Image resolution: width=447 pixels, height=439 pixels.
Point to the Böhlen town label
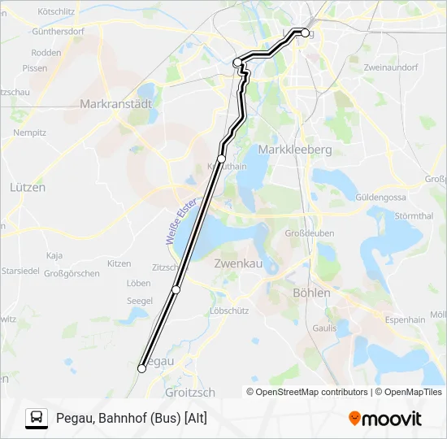pyautogui.click(x=311, y=293)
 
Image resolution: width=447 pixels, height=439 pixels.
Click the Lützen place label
pyautogui.click(x=28, y=187)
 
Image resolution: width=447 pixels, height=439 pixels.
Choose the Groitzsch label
pyautogui.click(x=190, y=392)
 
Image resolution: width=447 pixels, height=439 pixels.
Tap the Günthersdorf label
pyautogui.click(x=59, y=32)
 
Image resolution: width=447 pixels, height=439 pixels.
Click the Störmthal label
pyautogui.click(x=414, y=216)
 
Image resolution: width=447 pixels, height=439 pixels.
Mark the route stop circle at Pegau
pyautogui.click(x=141, y=368)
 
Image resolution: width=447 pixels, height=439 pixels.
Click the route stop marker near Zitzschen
pyautogui.click(x=176, y=289)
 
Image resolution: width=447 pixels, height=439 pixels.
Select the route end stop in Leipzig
pyautogui.click(x=306, y=33)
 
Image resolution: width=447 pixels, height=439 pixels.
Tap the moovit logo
pyautogui.click(x=385, y=419)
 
